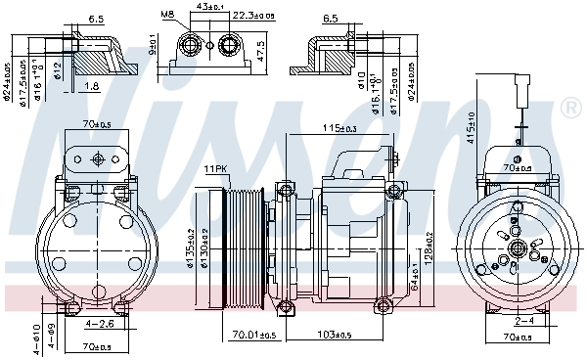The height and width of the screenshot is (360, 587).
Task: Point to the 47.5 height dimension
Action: point(261,50)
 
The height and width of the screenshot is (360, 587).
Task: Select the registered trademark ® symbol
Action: point(568,110)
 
